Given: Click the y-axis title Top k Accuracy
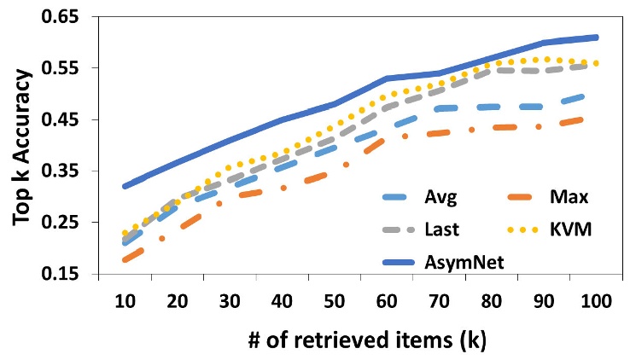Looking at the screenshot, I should click(x=26, y=144).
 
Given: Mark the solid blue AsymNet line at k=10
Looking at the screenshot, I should click(x=125, y=186).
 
